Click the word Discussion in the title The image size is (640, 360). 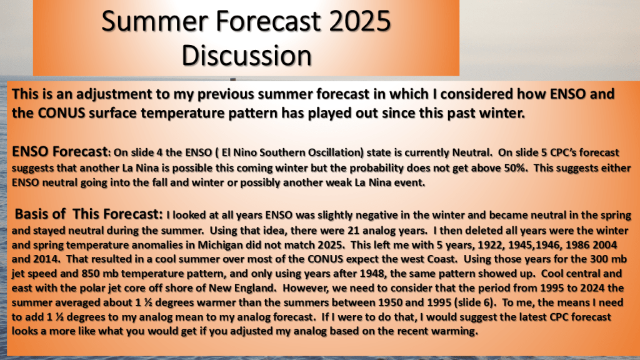pos(246,56)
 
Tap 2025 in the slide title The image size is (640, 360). pos(360,21)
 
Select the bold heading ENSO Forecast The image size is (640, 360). pos(59,151)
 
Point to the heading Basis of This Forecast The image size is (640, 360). pos(88,214)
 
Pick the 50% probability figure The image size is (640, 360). pos(515,167)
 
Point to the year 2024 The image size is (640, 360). pos(592,288)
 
